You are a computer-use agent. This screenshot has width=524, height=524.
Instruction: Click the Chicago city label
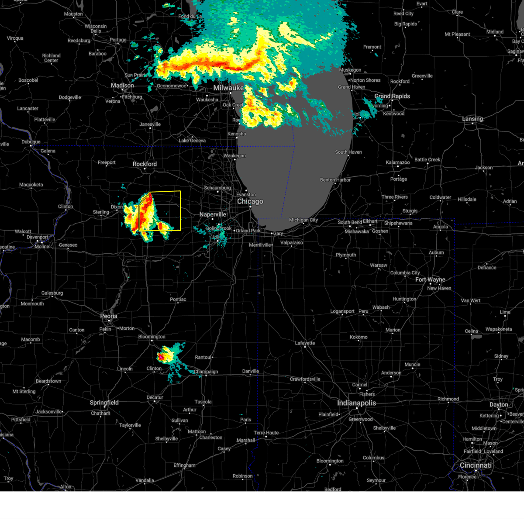(250, 201)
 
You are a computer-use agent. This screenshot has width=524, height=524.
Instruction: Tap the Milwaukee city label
(228, 88)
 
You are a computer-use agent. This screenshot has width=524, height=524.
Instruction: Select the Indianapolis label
(356, 403)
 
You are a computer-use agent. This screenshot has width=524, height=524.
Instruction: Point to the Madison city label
(122, 86)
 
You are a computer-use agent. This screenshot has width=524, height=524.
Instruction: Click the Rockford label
(145, 164)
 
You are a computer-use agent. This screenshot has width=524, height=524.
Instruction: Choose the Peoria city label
(109, 316)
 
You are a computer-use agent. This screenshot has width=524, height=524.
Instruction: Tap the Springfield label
(104, 403)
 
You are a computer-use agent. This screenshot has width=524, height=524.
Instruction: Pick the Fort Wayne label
(430, 279)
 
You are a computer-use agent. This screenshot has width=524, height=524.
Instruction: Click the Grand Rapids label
(392, 96)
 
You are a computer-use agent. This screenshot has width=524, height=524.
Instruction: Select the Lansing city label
(472, 119)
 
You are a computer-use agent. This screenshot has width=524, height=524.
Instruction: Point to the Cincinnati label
(476, 465)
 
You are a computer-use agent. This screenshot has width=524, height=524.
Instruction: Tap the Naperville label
(213, 214)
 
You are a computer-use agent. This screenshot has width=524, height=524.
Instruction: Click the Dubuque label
(31, 142)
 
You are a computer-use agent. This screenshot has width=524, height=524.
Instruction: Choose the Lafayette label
(305, 343)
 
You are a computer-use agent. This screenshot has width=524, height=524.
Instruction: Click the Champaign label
(206, 372)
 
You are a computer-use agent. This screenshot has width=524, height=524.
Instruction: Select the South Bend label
(350, 222)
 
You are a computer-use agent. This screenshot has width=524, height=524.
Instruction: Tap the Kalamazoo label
(398, 162)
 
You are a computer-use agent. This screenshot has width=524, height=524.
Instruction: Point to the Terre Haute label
(266, 433)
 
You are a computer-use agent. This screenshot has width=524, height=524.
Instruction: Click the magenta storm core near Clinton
(161, 357)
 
